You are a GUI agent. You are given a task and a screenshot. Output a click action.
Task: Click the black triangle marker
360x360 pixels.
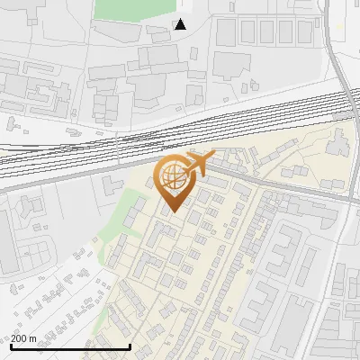[x=180, y=24]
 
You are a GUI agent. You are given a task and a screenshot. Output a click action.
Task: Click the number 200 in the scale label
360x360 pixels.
[x=18, y=338]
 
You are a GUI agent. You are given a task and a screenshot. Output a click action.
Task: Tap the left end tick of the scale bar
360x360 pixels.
[x=11, y=346]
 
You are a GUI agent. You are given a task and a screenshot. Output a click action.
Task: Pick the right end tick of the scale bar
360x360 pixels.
[x=130, y=346]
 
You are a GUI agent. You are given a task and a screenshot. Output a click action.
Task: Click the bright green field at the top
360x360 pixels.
[x=135, y=9]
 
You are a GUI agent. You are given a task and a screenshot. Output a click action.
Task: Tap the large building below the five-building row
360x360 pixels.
[x=231, y=65]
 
